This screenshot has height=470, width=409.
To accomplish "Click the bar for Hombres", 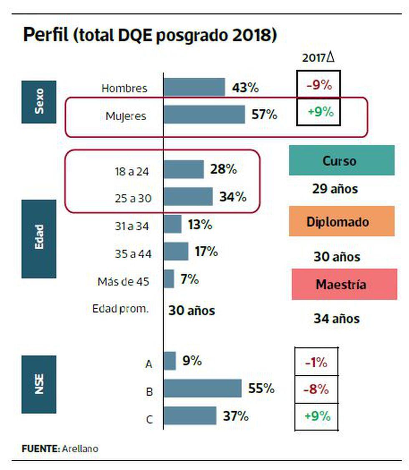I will point(194,87).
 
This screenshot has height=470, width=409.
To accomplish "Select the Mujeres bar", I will point(204,114).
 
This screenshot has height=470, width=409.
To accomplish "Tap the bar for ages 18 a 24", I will point(183,169).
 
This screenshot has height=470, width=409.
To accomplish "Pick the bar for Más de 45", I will point(169,279).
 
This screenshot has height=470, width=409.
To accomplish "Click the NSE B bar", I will point(202,389).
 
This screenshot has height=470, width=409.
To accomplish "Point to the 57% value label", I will point(264,114).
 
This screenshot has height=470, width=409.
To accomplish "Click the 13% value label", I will point(200,225).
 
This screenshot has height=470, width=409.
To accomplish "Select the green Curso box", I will point(341,160).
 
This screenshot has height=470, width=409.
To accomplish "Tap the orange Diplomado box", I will point(341,221).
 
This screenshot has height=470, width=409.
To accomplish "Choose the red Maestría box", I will point(344,284).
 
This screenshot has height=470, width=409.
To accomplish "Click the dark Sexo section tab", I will point(38,102).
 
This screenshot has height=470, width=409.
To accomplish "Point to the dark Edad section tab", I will point(38,239).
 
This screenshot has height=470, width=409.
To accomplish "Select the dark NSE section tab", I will point(38,384).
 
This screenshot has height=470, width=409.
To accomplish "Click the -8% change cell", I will point(316,389).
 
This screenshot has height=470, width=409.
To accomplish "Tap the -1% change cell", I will point(316,362).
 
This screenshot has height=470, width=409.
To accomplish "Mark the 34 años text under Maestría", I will point(336,319).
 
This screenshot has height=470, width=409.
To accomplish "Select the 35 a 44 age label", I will point(133,254).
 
